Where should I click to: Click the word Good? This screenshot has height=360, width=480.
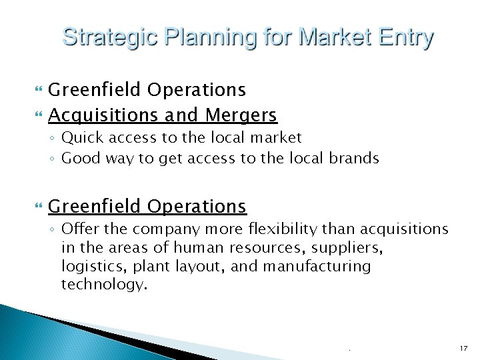(x=79, y=158)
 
